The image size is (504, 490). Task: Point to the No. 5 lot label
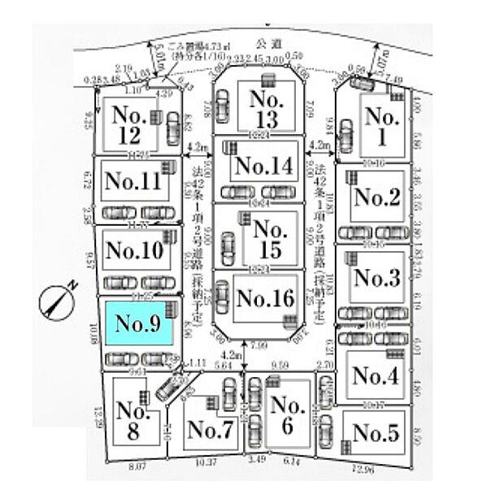point(376,433)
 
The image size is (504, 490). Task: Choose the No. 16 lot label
point(263,298)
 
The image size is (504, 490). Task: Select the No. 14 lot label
point(262,167)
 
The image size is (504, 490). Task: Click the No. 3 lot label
point(376,279)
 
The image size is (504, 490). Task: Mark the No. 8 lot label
point(130,422)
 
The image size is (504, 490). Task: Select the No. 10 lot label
point(135,249)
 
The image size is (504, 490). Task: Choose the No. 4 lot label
point(375,375)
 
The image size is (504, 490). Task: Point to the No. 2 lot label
point(376,197)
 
